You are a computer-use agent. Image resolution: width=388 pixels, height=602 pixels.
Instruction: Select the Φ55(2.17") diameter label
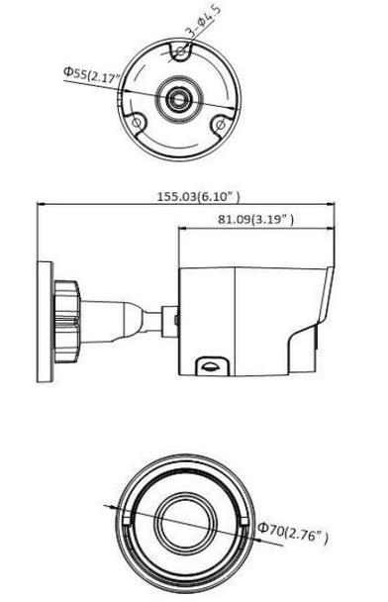(91, 72)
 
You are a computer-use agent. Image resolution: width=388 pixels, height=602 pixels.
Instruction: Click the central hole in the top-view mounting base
(179, 97)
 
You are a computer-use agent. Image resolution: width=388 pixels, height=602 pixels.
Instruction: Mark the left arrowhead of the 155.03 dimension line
(41, 205)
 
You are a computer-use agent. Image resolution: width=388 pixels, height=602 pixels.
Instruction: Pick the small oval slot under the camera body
(209, 362)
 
